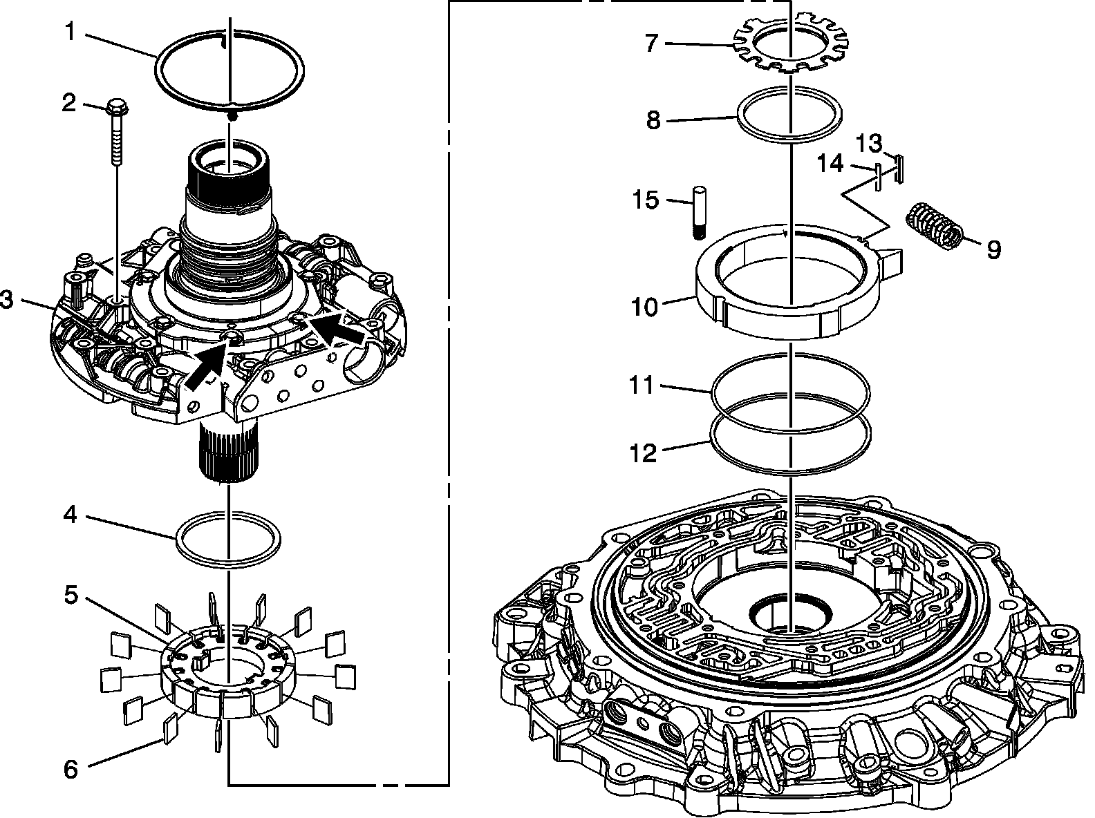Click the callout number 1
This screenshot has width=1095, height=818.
click(69, 31)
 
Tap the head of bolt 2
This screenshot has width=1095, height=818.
click(117, 108)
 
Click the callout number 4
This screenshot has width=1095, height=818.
click(70, 515)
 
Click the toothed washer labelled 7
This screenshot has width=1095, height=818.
click(71, 769)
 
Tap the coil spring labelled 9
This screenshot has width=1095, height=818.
click(653, 120)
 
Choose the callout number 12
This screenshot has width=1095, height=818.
click(642, 385)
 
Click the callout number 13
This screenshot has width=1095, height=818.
click(642, 454)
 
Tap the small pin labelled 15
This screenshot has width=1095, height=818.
click(830, 164)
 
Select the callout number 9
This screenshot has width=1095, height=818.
click(993, 249)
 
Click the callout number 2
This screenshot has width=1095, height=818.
click(68, 103)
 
